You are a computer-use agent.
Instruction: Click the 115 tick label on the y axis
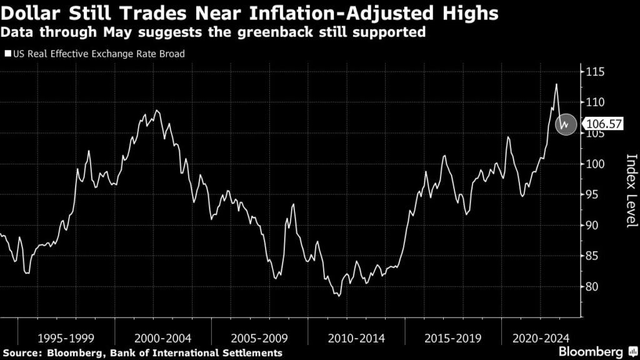tap(597, 72)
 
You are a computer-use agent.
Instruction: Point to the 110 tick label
tap(597, 102)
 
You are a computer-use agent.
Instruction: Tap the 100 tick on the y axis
tap(597, 164)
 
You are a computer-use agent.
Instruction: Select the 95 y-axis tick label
tap(594, 194)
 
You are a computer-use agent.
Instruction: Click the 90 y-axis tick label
tap(594, 225)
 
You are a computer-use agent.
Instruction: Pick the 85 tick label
tap(594, 256)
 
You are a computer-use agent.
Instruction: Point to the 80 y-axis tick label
tap(594, 287)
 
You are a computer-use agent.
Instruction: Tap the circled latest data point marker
tap(566, 124)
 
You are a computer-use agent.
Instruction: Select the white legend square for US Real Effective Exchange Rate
tap(7, 54)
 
